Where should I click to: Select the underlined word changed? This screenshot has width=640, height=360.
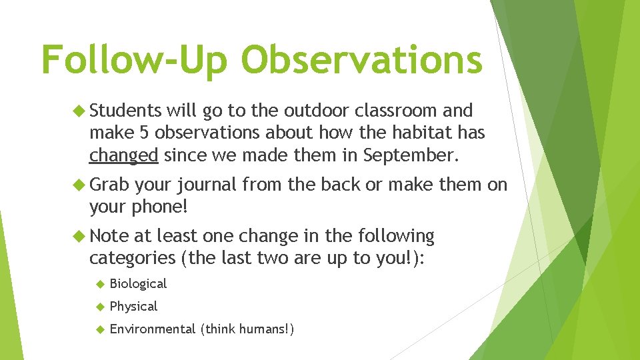[x=124, y=156]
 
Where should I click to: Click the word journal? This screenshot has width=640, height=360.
[x=207, y=185]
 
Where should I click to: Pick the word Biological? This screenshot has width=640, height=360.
[x=138, y=283]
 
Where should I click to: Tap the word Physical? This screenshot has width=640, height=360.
[x=133, y=306]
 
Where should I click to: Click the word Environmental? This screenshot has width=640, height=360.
[x=153, y=329]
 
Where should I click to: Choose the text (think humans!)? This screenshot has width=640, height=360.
[x=247, y=329]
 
